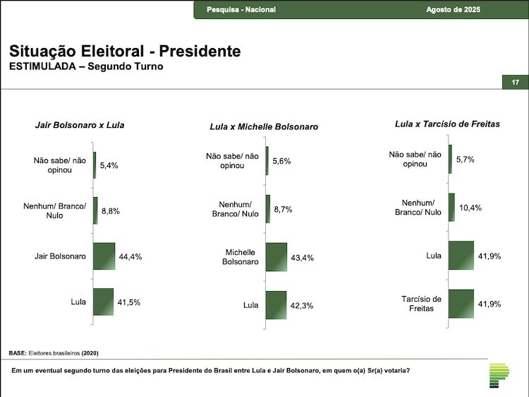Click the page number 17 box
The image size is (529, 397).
515,83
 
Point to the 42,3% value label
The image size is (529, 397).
302,306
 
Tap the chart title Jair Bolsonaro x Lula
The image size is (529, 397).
80,125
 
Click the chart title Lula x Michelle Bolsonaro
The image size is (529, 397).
264,126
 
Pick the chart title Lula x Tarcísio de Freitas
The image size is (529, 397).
447,124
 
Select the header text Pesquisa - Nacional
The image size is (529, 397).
241,9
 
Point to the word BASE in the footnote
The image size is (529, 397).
17,352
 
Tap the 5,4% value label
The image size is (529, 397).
109,165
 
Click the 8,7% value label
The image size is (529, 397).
283,209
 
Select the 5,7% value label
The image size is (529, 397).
465,160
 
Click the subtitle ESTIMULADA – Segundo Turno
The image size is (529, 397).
85,67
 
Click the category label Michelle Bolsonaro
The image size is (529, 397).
241,256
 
